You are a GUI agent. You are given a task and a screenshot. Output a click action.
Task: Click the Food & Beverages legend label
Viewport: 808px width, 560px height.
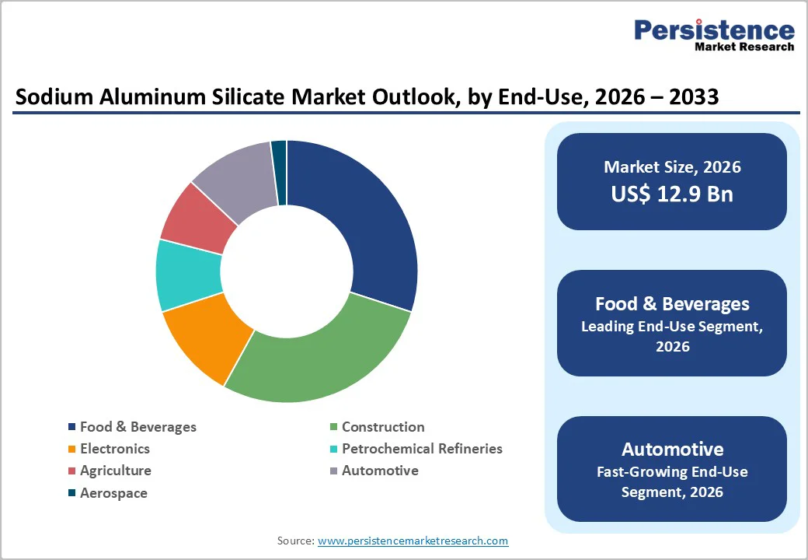pyautogui.click(x=138, y=427)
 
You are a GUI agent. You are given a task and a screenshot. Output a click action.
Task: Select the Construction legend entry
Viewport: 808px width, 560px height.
pyautogui.click(x=383, y=427)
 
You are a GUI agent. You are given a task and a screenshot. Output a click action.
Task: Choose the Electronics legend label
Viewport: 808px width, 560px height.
pyautogui.click(x=115, y=449)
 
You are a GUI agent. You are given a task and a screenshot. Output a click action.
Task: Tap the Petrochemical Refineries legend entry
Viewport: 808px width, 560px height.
pyautogui.click(x=422, y=449)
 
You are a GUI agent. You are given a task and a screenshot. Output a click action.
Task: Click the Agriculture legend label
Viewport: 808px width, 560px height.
pyautogui.click(x=116, y=471)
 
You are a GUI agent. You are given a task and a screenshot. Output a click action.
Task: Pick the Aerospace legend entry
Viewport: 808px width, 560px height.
pyautogui.click(x=113, y=493)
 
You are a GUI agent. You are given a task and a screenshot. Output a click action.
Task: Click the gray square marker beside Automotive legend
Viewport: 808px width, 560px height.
pyautogui.click(x=333, y=471)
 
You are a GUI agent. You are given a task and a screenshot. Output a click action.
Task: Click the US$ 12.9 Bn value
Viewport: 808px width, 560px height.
pyautogui.click(x=672, y=194)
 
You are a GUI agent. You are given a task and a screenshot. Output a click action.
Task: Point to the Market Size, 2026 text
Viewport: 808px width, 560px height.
pyautogui.click(x=672, y=167)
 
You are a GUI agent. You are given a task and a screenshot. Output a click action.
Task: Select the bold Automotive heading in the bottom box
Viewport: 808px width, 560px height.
pyautogui.click(x=672, y=449)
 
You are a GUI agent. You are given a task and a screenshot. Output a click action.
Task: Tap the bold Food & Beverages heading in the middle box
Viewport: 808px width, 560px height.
pyautogui.click(x=672, y=303)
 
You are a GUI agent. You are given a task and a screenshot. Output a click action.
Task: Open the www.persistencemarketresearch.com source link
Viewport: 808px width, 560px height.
pyautogui.click(x=413, y=541)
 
